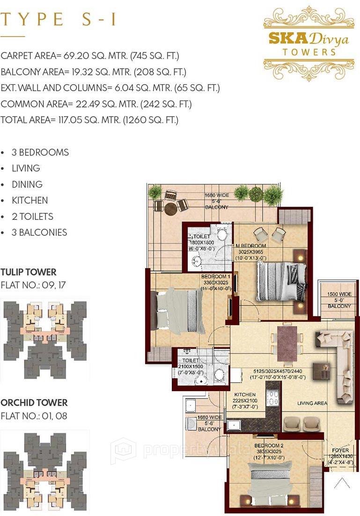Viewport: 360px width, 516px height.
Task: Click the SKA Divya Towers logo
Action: (309, 43)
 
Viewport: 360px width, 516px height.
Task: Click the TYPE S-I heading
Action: (58, 20)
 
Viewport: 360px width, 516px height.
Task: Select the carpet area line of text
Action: (90, 56)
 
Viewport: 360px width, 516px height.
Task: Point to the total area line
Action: (89, 120)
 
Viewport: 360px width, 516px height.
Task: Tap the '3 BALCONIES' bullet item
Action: (39, 233)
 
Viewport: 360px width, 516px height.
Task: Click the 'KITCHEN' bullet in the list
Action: (30, 200)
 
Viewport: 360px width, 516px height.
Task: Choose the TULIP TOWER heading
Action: (29, 272)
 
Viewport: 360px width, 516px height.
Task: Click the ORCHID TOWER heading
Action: (34, 402)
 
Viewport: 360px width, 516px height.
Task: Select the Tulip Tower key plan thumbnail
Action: (45, 339)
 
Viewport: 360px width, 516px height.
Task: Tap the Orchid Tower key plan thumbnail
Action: (45, 472)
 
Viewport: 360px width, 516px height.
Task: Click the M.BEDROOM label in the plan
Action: (252, 246)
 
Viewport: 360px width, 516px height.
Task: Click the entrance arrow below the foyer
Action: (342, 482)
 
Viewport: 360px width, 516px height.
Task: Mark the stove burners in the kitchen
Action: (272, 397)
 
